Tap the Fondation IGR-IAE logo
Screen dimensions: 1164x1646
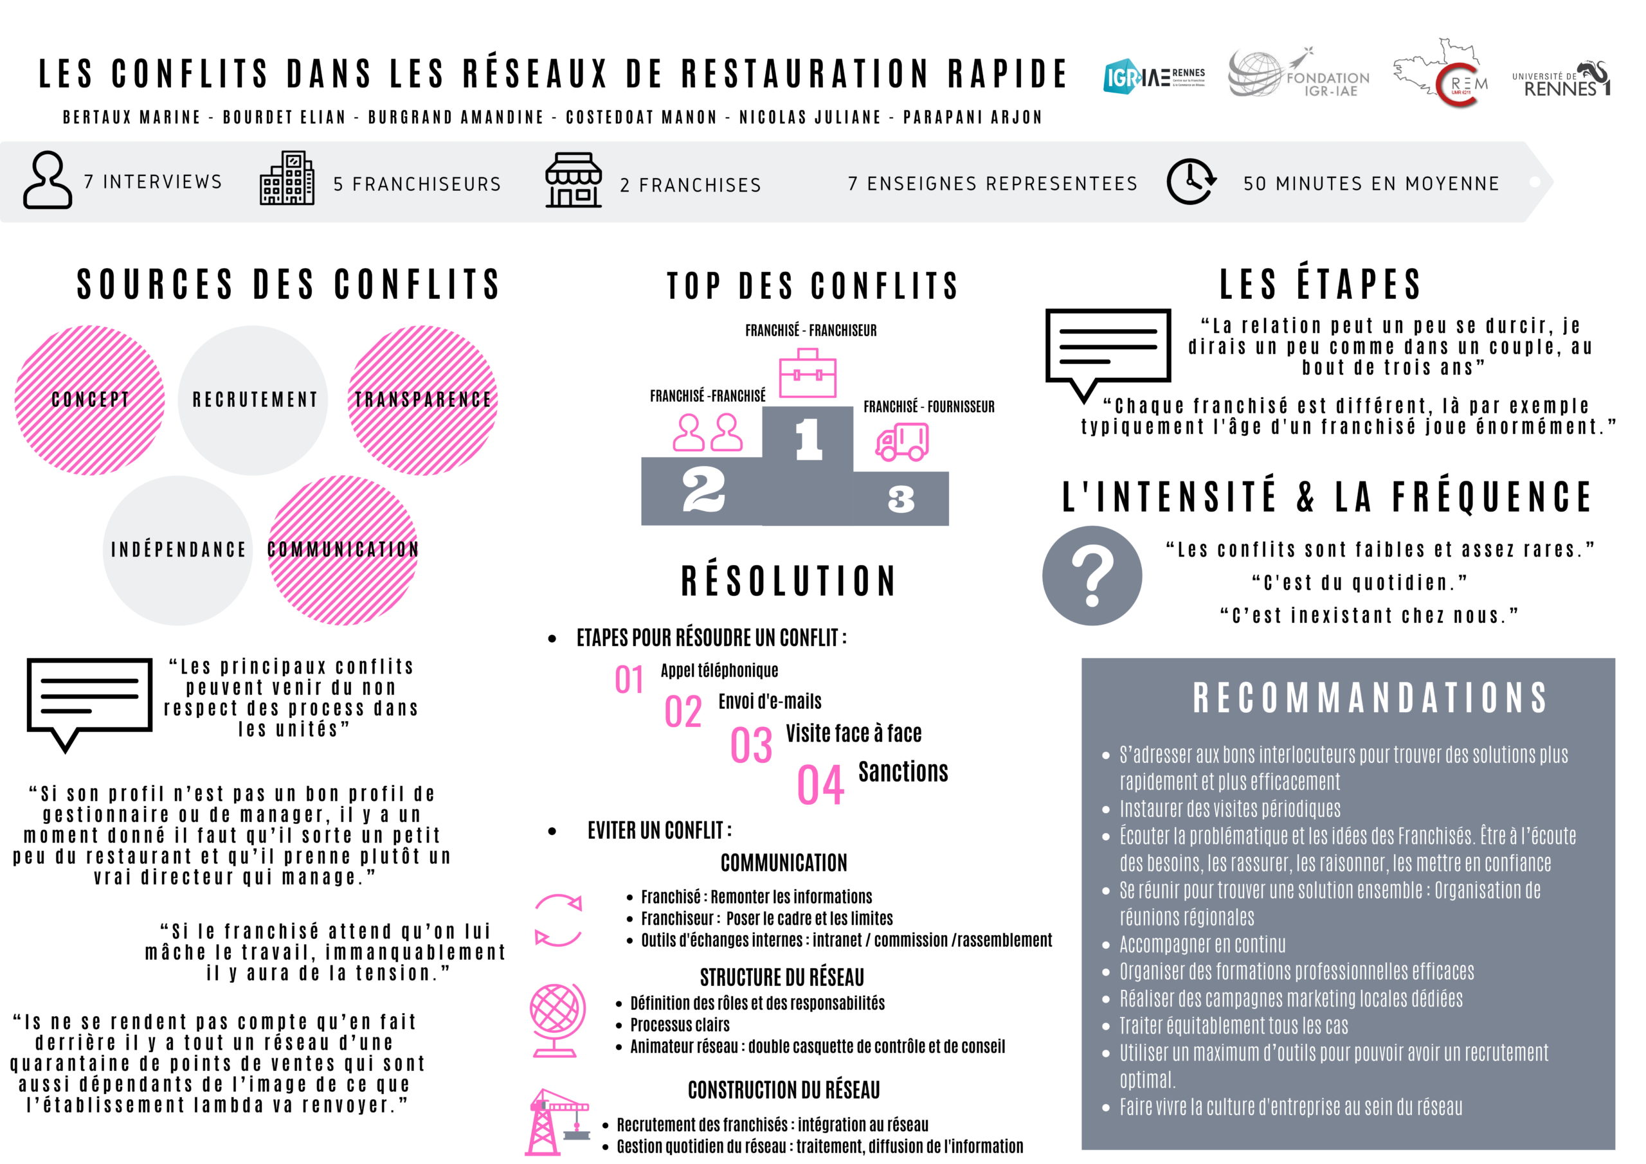[x=1299, y=75]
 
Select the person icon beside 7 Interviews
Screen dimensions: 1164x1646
[x=48, y=180]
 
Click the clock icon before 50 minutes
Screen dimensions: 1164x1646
[x=1191, y=181]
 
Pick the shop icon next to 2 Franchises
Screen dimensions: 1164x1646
[x=573, y=180]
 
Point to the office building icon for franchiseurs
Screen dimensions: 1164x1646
[x=287, y=179]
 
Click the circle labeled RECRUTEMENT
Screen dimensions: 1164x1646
[x=253, y=400]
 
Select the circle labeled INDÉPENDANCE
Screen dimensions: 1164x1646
[x=178, y=550]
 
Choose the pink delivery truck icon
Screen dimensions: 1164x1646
[x=902, y=441]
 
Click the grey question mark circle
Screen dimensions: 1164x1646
[x=1092, y=575]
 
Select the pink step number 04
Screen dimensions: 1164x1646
[x=821, y=785]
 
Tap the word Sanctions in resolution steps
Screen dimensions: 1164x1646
[x=903, y=772]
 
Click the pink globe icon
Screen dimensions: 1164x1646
[x=557, y=1020]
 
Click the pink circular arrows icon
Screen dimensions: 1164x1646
[x=559, y=920]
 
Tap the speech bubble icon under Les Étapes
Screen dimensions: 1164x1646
[x=1108, y=350]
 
